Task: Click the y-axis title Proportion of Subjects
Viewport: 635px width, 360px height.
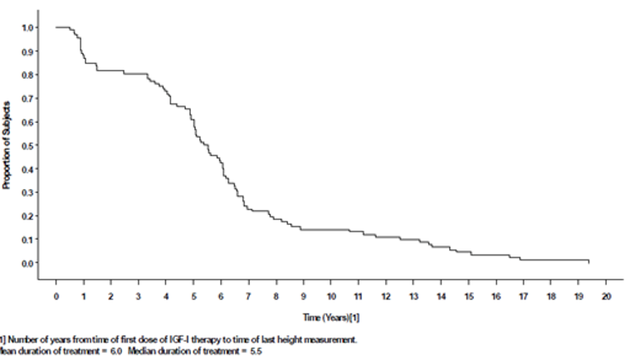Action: [7, 146]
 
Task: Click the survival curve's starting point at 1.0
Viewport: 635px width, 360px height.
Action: [56, 27]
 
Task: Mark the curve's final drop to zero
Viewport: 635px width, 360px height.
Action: [589, 261]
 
